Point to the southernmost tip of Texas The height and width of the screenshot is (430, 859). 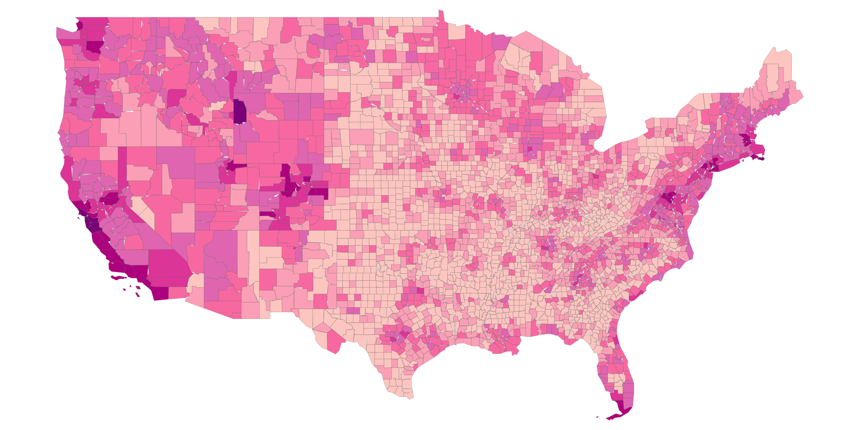[410, 396]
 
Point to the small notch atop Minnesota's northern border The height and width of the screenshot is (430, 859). [441, 15]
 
